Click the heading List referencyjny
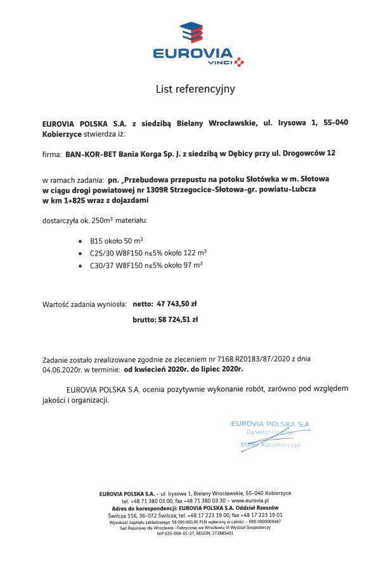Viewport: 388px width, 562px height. click(195, 89)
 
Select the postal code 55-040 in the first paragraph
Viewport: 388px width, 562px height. click(335, 122)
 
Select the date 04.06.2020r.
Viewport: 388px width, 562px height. click(63, 368)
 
